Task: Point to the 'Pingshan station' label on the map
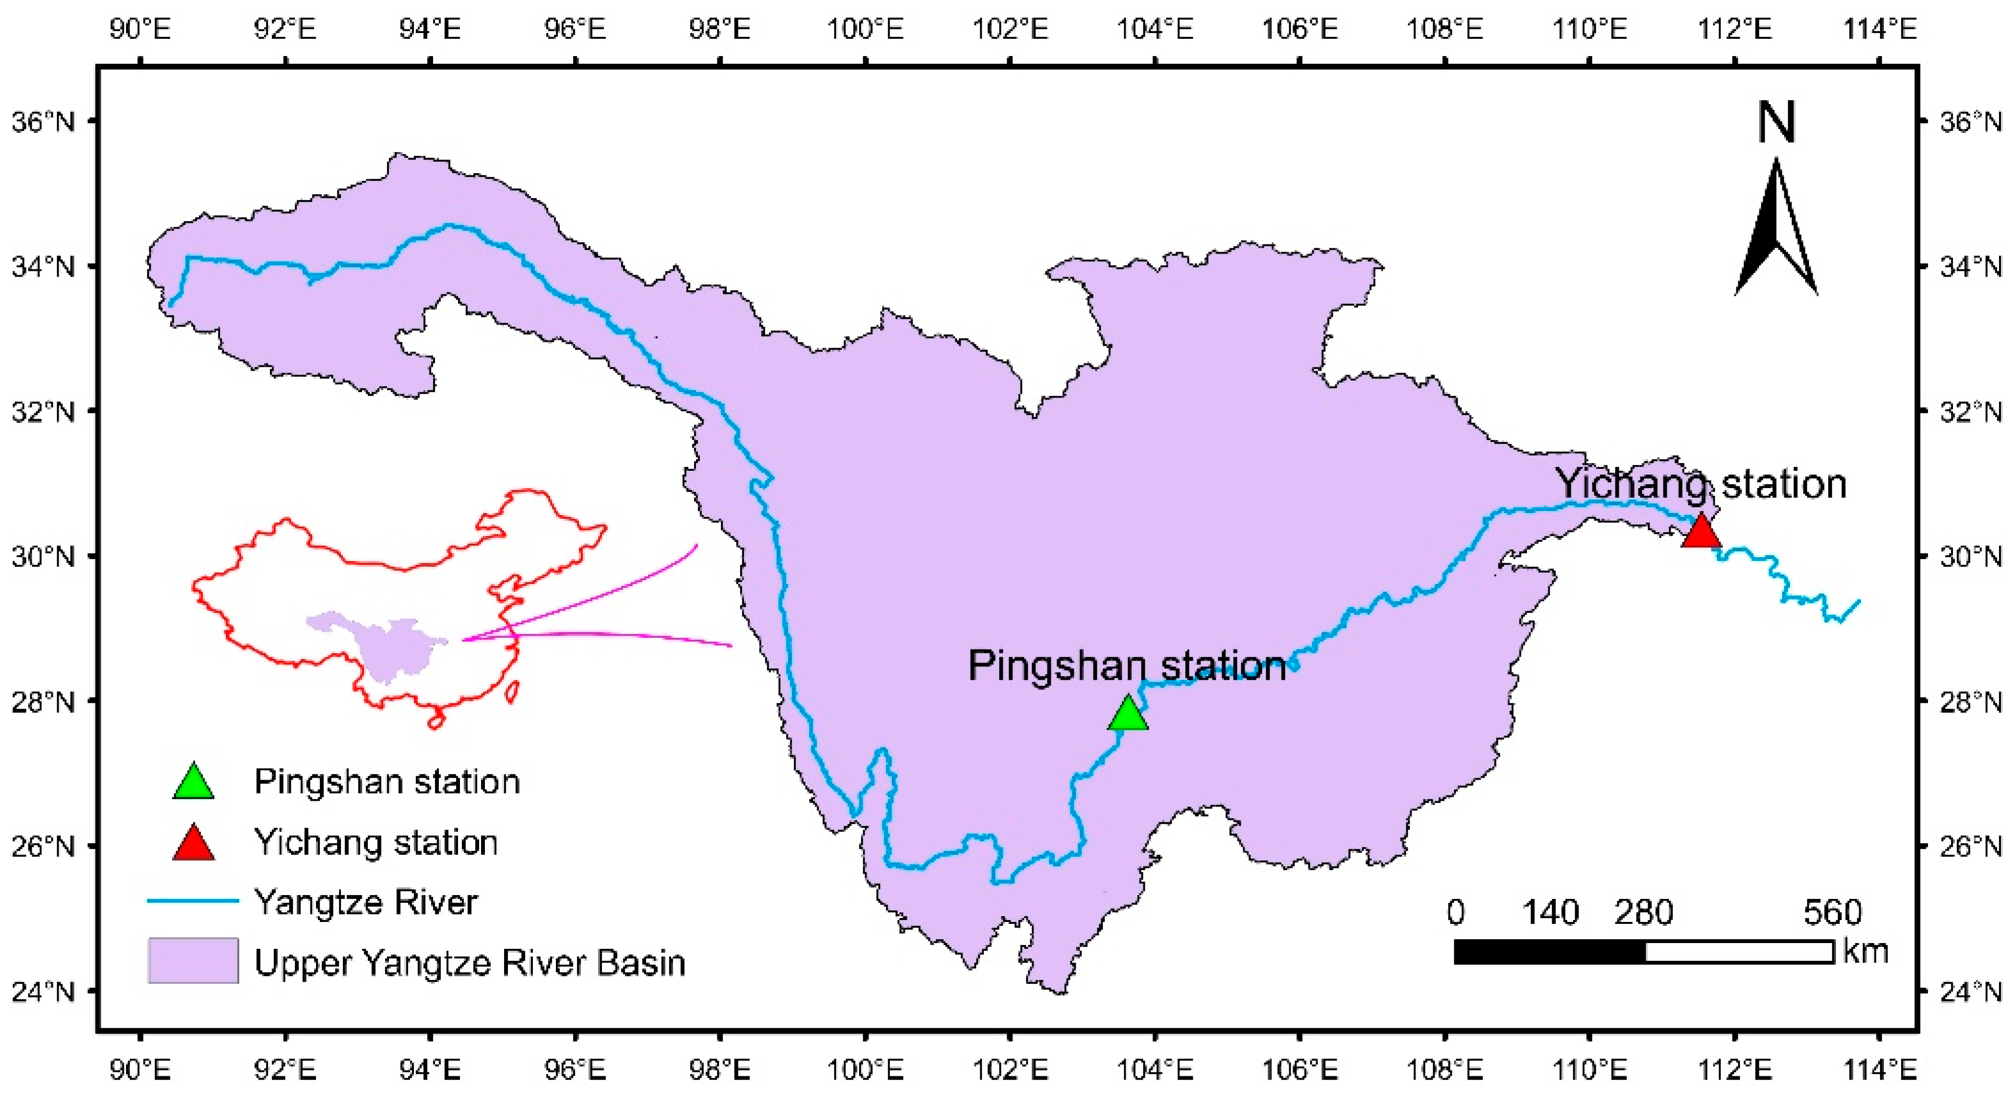pyautogui.click(x=1126, y=666)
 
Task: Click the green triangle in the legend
pyautogui.click(x=193, y=782)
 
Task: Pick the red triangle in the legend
pyautogui.click(x=193, y=843)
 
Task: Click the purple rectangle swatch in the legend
pyautogui.click(x=193, y=960)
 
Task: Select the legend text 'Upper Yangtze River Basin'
pyautogui.click(x=470, y=963)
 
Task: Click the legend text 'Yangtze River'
pyautogui.click(x=365, y=902)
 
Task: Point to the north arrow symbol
pyautogui.click(x=1776, y=230)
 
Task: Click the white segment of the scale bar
pyautogui.click(x=1740, y=952)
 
